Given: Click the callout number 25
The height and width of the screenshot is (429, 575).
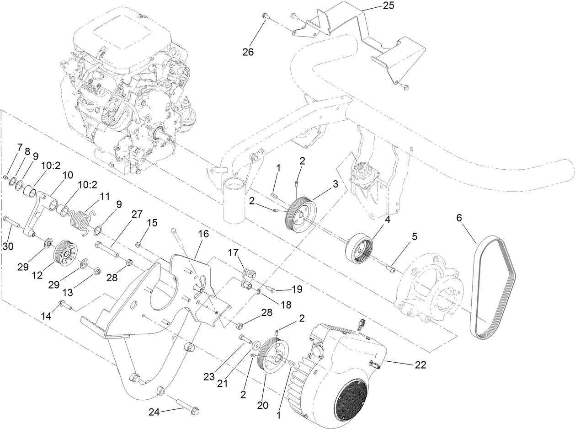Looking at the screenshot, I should tap(387, 6).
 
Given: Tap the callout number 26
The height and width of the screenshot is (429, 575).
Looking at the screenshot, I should tap(248, 52).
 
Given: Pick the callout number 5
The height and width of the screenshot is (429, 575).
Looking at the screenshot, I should tap(414, 237).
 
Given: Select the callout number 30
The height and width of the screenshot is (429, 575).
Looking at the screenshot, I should tap(9, 246).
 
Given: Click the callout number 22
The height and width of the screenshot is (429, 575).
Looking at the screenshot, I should tap(421, 365).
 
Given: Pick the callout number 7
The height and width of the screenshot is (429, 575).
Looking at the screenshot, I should tap(19, 147).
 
